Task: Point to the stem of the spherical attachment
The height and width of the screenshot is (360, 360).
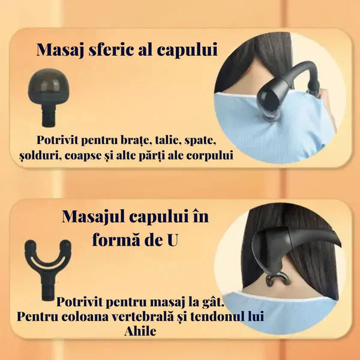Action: coord(49,115)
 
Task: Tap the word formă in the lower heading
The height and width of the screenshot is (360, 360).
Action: coord(115,239)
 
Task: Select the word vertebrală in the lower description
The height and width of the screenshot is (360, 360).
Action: coord(142,317)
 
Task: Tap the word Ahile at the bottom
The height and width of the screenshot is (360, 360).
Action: coord(140,331)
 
